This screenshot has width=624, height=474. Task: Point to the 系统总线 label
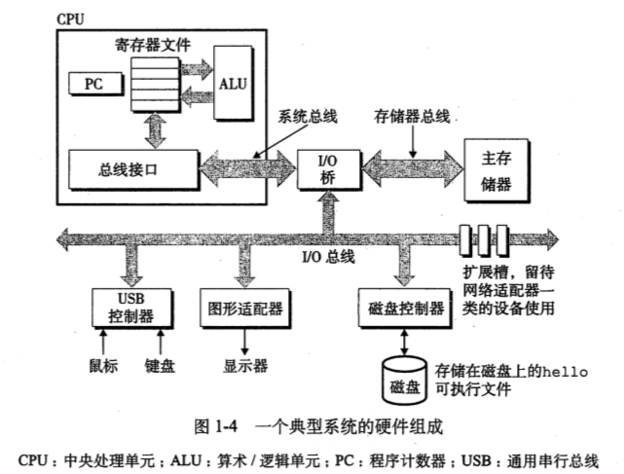[308, 117]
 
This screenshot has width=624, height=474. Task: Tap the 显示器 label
[244, 367]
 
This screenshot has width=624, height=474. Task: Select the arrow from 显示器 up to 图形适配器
[244, 343]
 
